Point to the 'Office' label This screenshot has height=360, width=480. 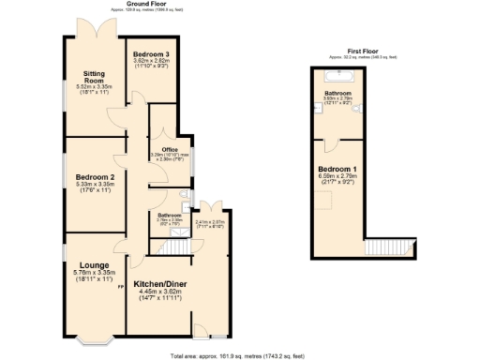(169, 149)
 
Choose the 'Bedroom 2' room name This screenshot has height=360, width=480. (94, 177)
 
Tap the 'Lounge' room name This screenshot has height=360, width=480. (92, 265)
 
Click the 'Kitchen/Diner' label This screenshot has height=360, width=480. (163, 282)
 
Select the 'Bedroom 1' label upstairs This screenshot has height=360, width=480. (337, 169)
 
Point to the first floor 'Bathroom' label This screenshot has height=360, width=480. (337, 94)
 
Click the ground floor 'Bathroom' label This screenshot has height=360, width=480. (169, 214)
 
